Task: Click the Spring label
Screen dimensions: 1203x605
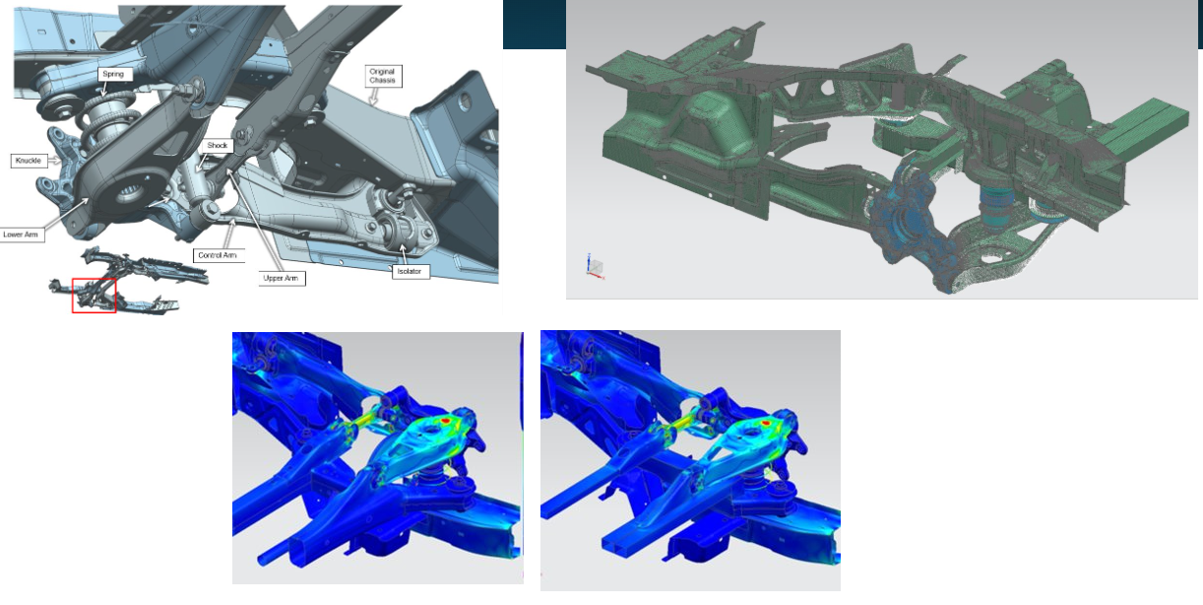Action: pos(113,74)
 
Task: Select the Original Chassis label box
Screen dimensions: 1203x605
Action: pos(382,76)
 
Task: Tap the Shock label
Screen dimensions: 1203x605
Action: pos(217,146)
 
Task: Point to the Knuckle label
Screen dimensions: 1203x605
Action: pos(29,161)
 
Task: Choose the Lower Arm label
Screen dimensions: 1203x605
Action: pos(21,235)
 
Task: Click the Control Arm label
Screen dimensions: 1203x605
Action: pos(218,255)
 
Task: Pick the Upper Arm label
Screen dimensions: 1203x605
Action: pos(281,279)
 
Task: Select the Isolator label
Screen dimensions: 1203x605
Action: pos(410,272)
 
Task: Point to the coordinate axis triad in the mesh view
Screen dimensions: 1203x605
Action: pos(595,267)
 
